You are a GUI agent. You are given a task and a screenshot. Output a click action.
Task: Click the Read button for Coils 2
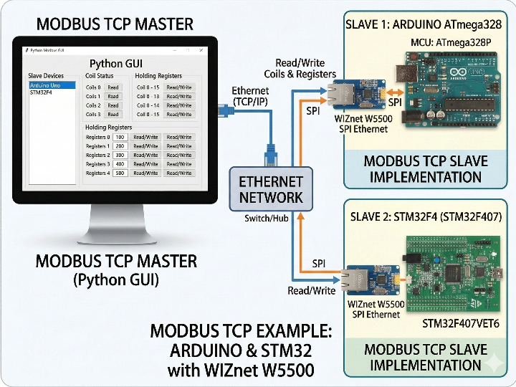(113, 105)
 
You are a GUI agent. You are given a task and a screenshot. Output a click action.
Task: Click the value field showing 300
(120, 155)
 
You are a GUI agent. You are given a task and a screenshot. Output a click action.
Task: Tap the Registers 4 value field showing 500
(120, 173)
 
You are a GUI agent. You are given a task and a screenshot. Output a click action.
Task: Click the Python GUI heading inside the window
(118, 64)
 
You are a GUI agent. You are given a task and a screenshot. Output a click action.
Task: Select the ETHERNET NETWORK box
(271, 189)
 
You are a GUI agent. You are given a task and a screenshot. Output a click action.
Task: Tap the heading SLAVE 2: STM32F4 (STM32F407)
(426, 216)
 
